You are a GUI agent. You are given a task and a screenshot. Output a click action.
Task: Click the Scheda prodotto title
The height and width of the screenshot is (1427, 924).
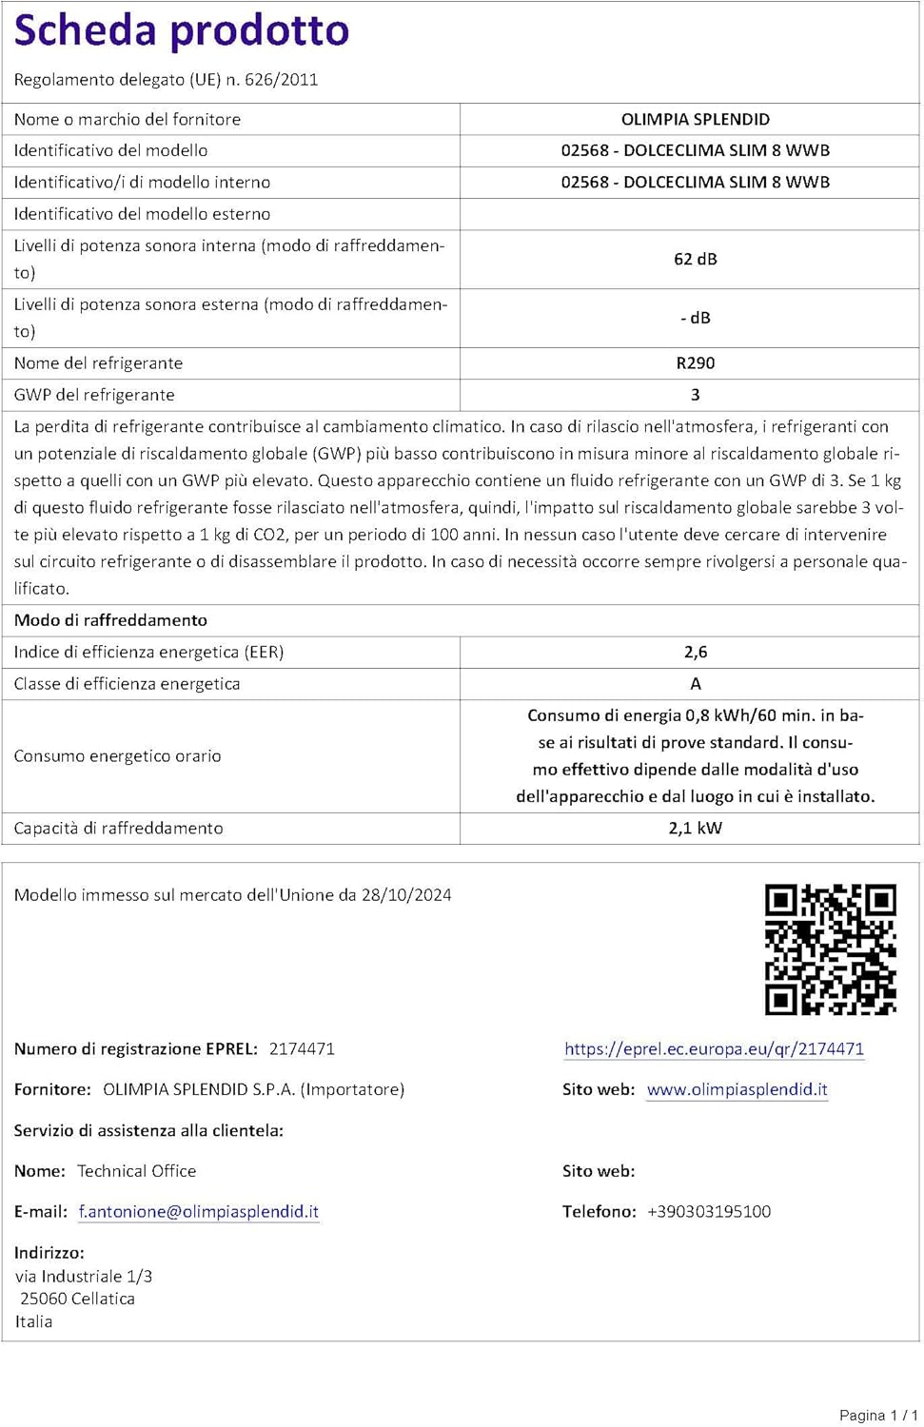(x=182, y=31)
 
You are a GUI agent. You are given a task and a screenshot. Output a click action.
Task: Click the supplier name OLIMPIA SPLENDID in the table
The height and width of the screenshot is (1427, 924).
(x=696, y=119)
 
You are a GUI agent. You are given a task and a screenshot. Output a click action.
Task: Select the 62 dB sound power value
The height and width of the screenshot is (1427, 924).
(x=696, y=259)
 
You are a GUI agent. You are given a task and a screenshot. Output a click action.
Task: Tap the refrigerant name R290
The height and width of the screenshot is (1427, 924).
(x=696, y=362)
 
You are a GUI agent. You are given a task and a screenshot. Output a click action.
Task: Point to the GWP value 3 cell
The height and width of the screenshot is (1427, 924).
(x=696, y=395)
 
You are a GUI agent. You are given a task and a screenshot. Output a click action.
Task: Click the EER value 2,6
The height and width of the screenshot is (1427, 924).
(x=696, y=652)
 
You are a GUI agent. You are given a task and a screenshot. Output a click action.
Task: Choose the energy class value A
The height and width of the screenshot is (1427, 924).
(x=696, y=684)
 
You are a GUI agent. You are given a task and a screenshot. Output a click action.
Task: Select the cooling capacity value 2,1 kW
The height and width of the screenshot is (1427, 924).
(x=696, y=828)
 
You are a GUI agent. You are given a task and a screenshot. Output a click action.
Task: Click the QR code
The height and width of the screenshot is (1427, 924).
(x=831, y=949)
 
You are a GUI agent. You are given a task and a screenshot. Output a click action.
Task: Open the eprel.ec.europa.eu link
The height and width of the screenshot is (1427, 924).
(x=714, y=1048)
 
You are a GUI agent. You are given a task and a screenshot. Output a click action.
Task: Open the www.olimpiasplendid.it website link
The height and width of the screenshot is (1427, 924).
(x=737, y=1089)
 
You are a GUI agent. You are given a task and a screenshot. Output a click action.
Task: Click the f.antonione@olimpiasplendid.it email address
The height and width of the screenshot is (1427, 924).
(x=199, y=1211)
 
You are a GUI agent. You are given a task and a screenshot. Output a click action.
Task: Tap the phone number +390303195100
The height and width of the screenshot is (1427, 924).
(x=709, y=1211)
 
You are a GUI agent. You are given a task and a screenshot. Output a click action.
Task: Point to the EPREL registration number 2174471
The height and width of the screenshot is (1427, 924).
(x=302, y=1048)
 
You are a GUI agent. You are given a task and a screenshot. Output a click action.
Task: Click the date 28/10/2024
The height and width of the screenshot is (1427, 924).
(x=406, y=894)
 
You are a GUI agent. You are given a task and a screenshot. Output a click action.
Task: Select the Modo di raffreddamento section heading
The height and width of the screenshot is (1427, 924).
(x=110, y=620)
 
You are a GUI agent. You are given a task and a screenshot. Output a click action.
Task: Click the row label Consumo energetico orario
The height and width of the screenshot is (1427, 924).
(x=117, y=755)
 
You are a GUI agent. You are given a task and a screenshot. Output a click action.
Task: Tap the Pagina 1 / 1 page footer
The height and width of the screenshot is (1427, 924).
(x=878, y=1415)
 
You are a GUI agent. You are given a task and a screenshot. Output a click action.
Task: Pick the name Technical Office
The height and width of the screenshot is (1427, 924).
(x=136, y=1171)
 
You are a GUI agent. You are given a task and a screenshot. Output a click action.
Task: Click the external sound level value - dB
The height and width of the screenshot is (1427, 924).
(x=696, y=318)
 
